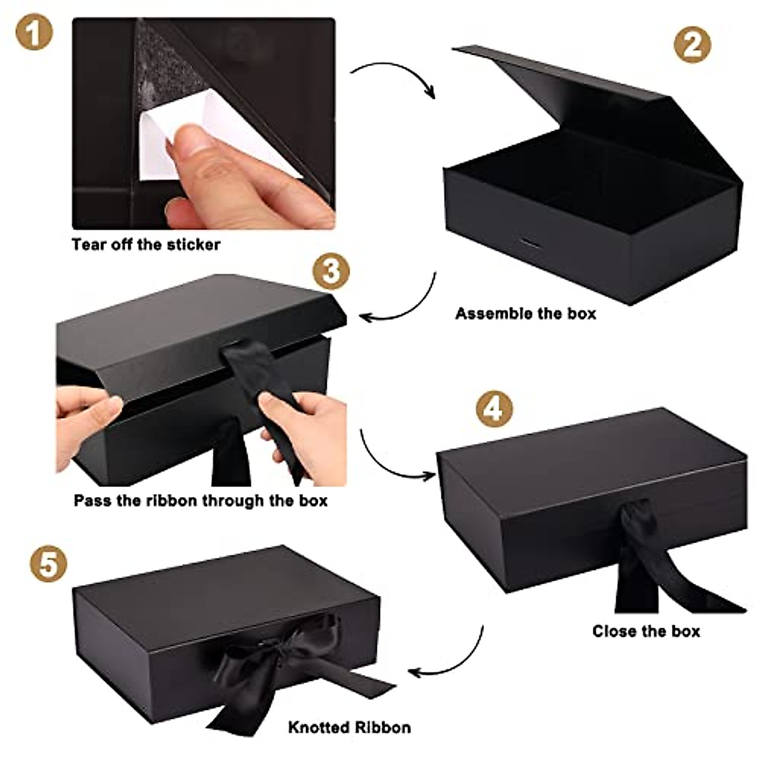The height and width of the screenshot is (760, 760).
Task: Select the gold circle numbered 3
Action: [x=331, y=272]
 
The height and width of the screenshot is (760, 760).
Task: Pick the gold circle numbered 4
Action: [x=494, y=408]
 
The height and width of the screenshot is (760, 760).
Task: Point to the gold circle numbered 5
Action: [x=48, y=564]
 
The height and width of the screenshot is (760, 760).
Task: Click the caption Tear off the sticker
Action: [x=146, y=244]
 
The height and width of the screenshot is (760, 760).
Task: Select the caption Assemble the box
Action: [x=526, y=313]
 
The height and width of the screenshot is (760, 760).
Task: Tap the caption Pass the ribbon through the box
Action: [x=200, y=500]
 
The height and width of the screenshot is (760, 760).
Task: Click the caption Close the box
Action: [x=646, y=631]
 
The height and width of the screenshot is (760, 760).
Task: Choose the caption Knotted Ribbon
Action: [x=349, y=727]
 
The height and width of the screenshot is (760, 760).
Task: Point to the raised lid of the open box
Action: [x=564, y=95]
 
